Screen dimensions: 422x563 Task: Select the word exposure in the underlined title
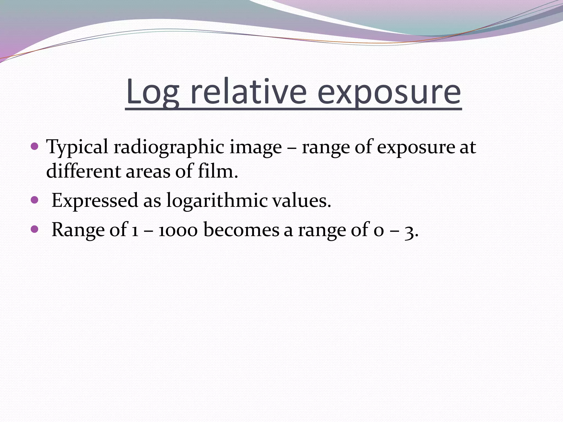pyautogui.click(x=389, y=92)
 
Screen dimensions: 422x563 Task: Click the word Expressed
pyautogui.click(x=95, y=201)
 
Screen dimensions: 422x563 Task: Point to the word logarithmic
pyautogui.click(x=217, y=201)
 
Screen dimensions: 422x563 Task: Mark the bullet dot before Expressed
pyautogui.click(x=35, y=200)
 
